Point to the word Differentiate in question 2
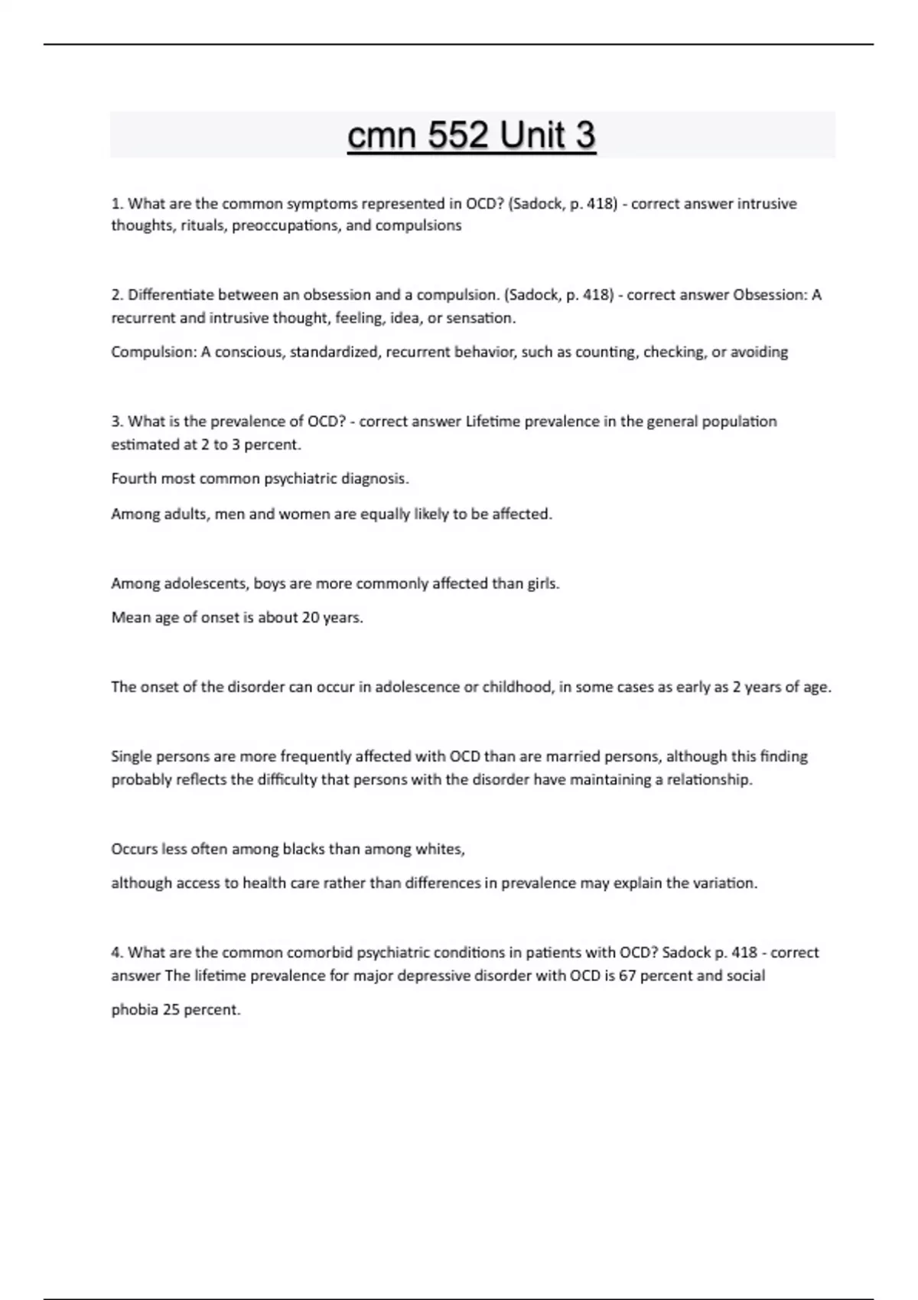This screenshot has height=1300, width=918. tap(172, 295)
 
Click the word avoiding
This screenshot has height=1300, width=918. tap(759, 353)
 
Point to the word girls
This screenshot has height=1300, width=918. tap(543, 583)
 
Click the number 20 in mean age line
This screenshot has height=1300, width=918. tap(311, 618)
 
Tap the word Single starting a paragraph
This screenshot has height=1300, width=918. tap(132, 756)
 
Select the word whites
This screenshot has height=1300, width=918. tap(440, 849)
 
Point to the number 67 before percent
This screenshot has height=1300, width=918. tap(627, 976)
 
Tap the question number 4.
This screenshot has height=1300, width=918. tap(117, 953)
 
